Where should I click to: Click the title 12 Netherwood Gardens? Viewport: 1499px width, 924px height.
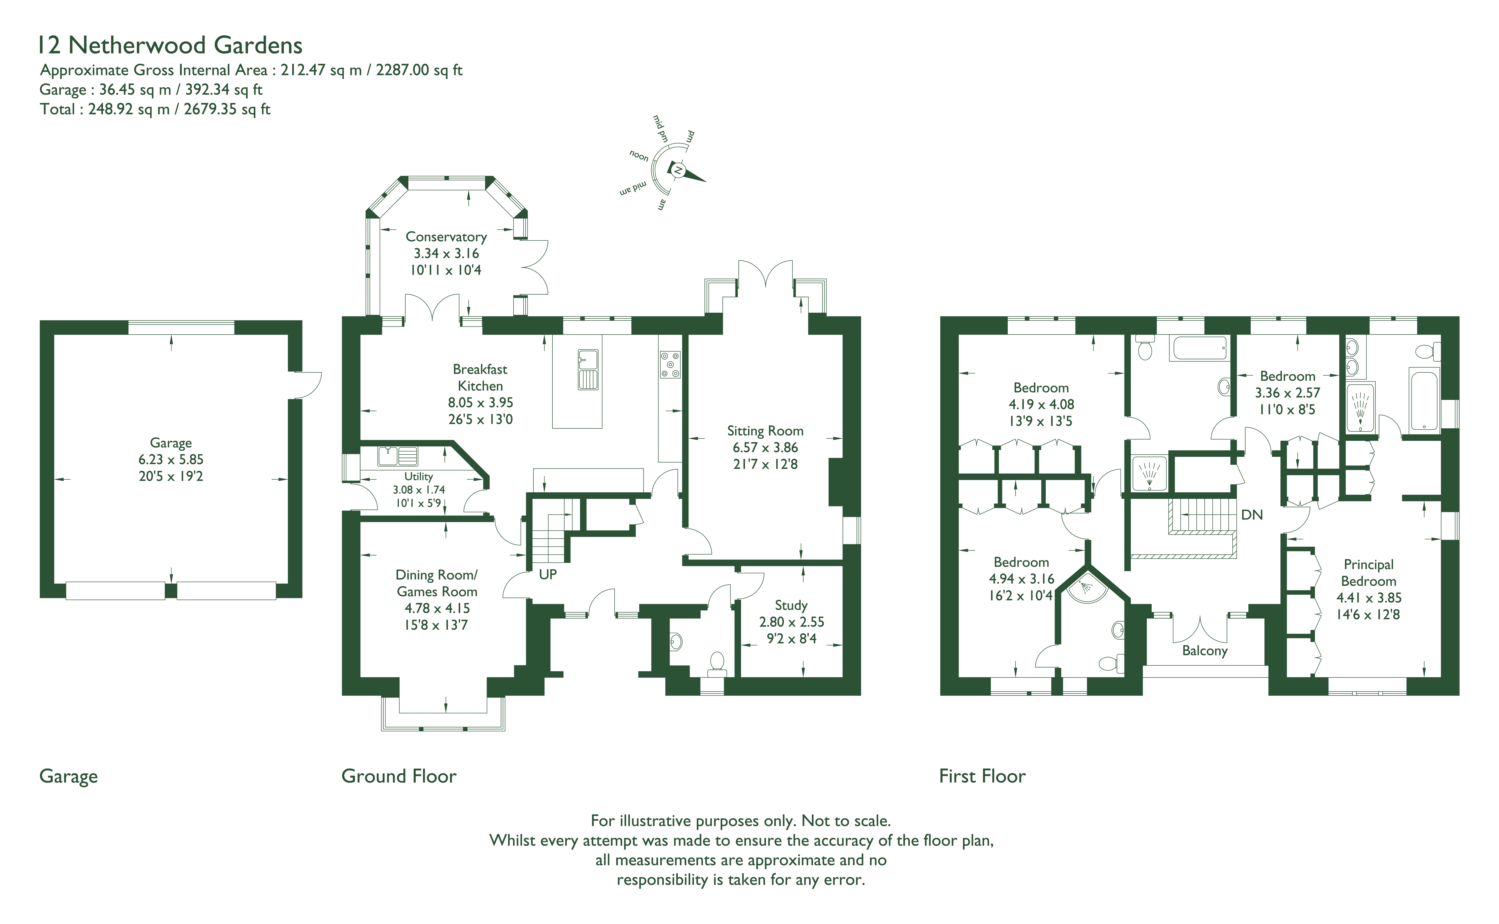coord(170,45)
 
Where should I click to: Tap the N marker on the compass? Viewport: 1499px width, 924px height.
coord(677,170)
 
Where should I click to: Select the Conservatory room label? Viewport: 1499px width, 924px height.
coord(446,237)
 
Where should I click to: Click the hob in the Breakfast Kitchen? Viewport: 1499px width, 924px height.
coord(670,365)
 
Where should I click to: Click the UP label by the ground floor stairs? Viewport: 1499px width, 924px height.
coord(548,575)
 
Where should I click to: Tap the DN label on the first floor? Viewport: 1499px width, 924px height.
coord(1252,515)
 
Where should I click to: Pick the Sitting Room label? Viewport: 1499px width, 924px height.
coord(765,431)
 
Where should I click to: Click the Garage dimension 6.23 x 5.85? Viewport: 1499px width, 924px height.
coord(171,460)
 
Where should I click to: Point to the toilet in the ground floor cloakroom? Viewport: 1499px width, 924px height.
coord(717,664)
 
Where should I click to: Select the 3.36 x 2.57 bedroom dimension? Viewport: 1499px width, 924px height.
coord(1288,393)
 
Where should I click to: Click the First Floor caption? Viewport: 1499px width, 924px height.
coord(982,776)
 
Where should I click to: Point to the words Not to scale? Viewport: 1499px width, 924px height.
coord(846,821)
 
